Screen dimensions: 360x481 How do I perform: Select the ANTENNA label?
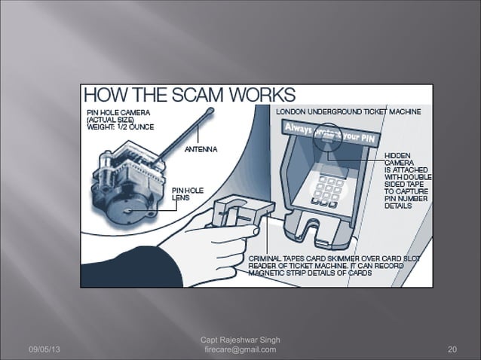coord(201,149)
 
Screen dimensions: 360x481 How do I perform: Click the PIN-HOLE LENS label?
coord(185,193)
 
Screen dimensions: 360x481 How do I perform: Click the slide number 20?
coord(452,349)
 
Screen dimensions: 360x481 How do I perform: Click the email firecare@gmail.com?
coord(240,349)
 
